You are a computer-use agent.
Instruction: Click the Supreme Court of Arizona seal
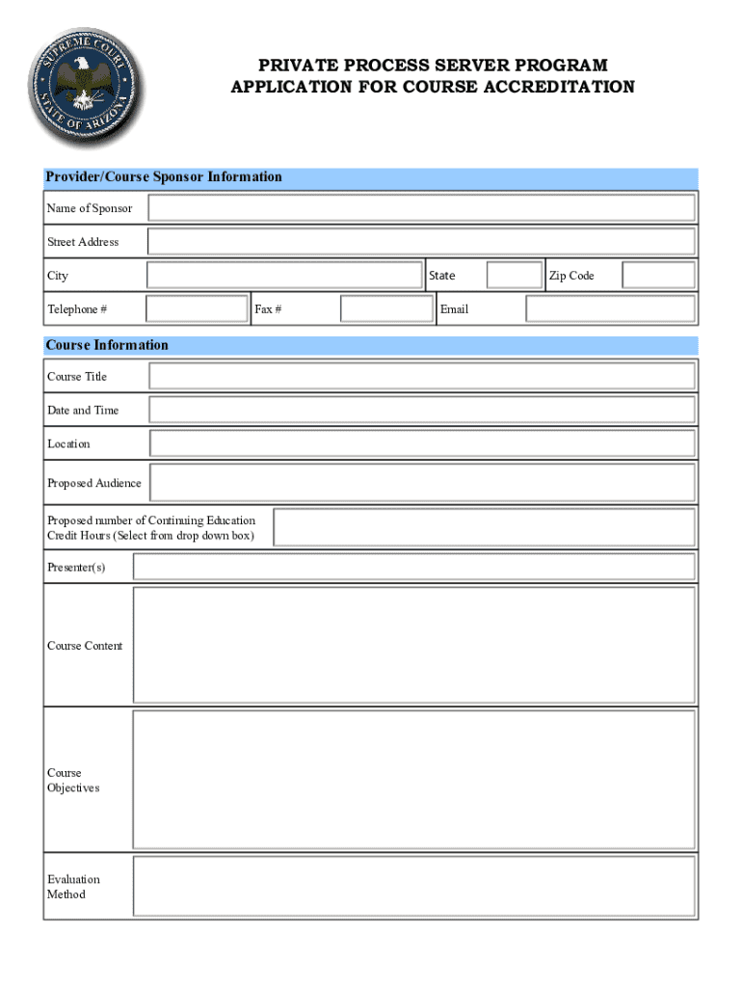(x=84, y=87)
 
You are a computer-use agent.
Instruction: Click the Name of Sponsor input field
(x=421, y=208)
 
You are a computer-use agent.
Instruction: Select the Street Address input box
(x=421, y=242)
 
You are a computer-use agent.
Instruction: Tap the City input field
(x=284, y=276)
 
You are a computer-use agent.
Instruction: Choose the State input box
(x=515, y=276)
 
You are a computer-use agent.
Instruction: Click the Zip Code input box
(x=658, y=276)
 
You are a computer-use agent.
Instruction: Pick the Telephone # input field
(x=197, y=309)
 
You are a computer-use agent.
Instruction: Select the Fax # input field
(x=387, y=309)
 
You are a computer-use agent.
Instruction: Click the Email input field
(x=610, y=309)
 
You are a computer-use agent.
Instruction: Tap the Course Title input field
(x=421, y=376)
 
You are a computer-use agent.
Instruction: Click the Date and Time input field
(x=421, y=410)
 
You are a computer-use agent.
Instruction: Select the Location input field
(x=421, y=443)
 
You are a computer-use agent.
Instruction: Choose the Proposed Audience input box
(x=422, y=483)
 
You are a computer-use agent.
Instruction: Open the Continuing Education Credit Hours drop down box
(x=484, y=528)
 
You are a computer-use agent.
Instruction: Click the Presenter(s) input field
(x=413, y=567)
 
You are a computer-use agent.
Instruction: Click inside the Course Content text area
(x=413, y=645)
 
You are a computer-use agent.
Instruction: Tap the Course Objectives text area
(x=413, y=780)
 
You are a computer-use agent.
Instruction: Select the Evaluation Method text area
(x=413, y=886)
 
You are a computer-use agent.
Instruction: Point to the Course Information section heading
(x=107, y=345)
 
